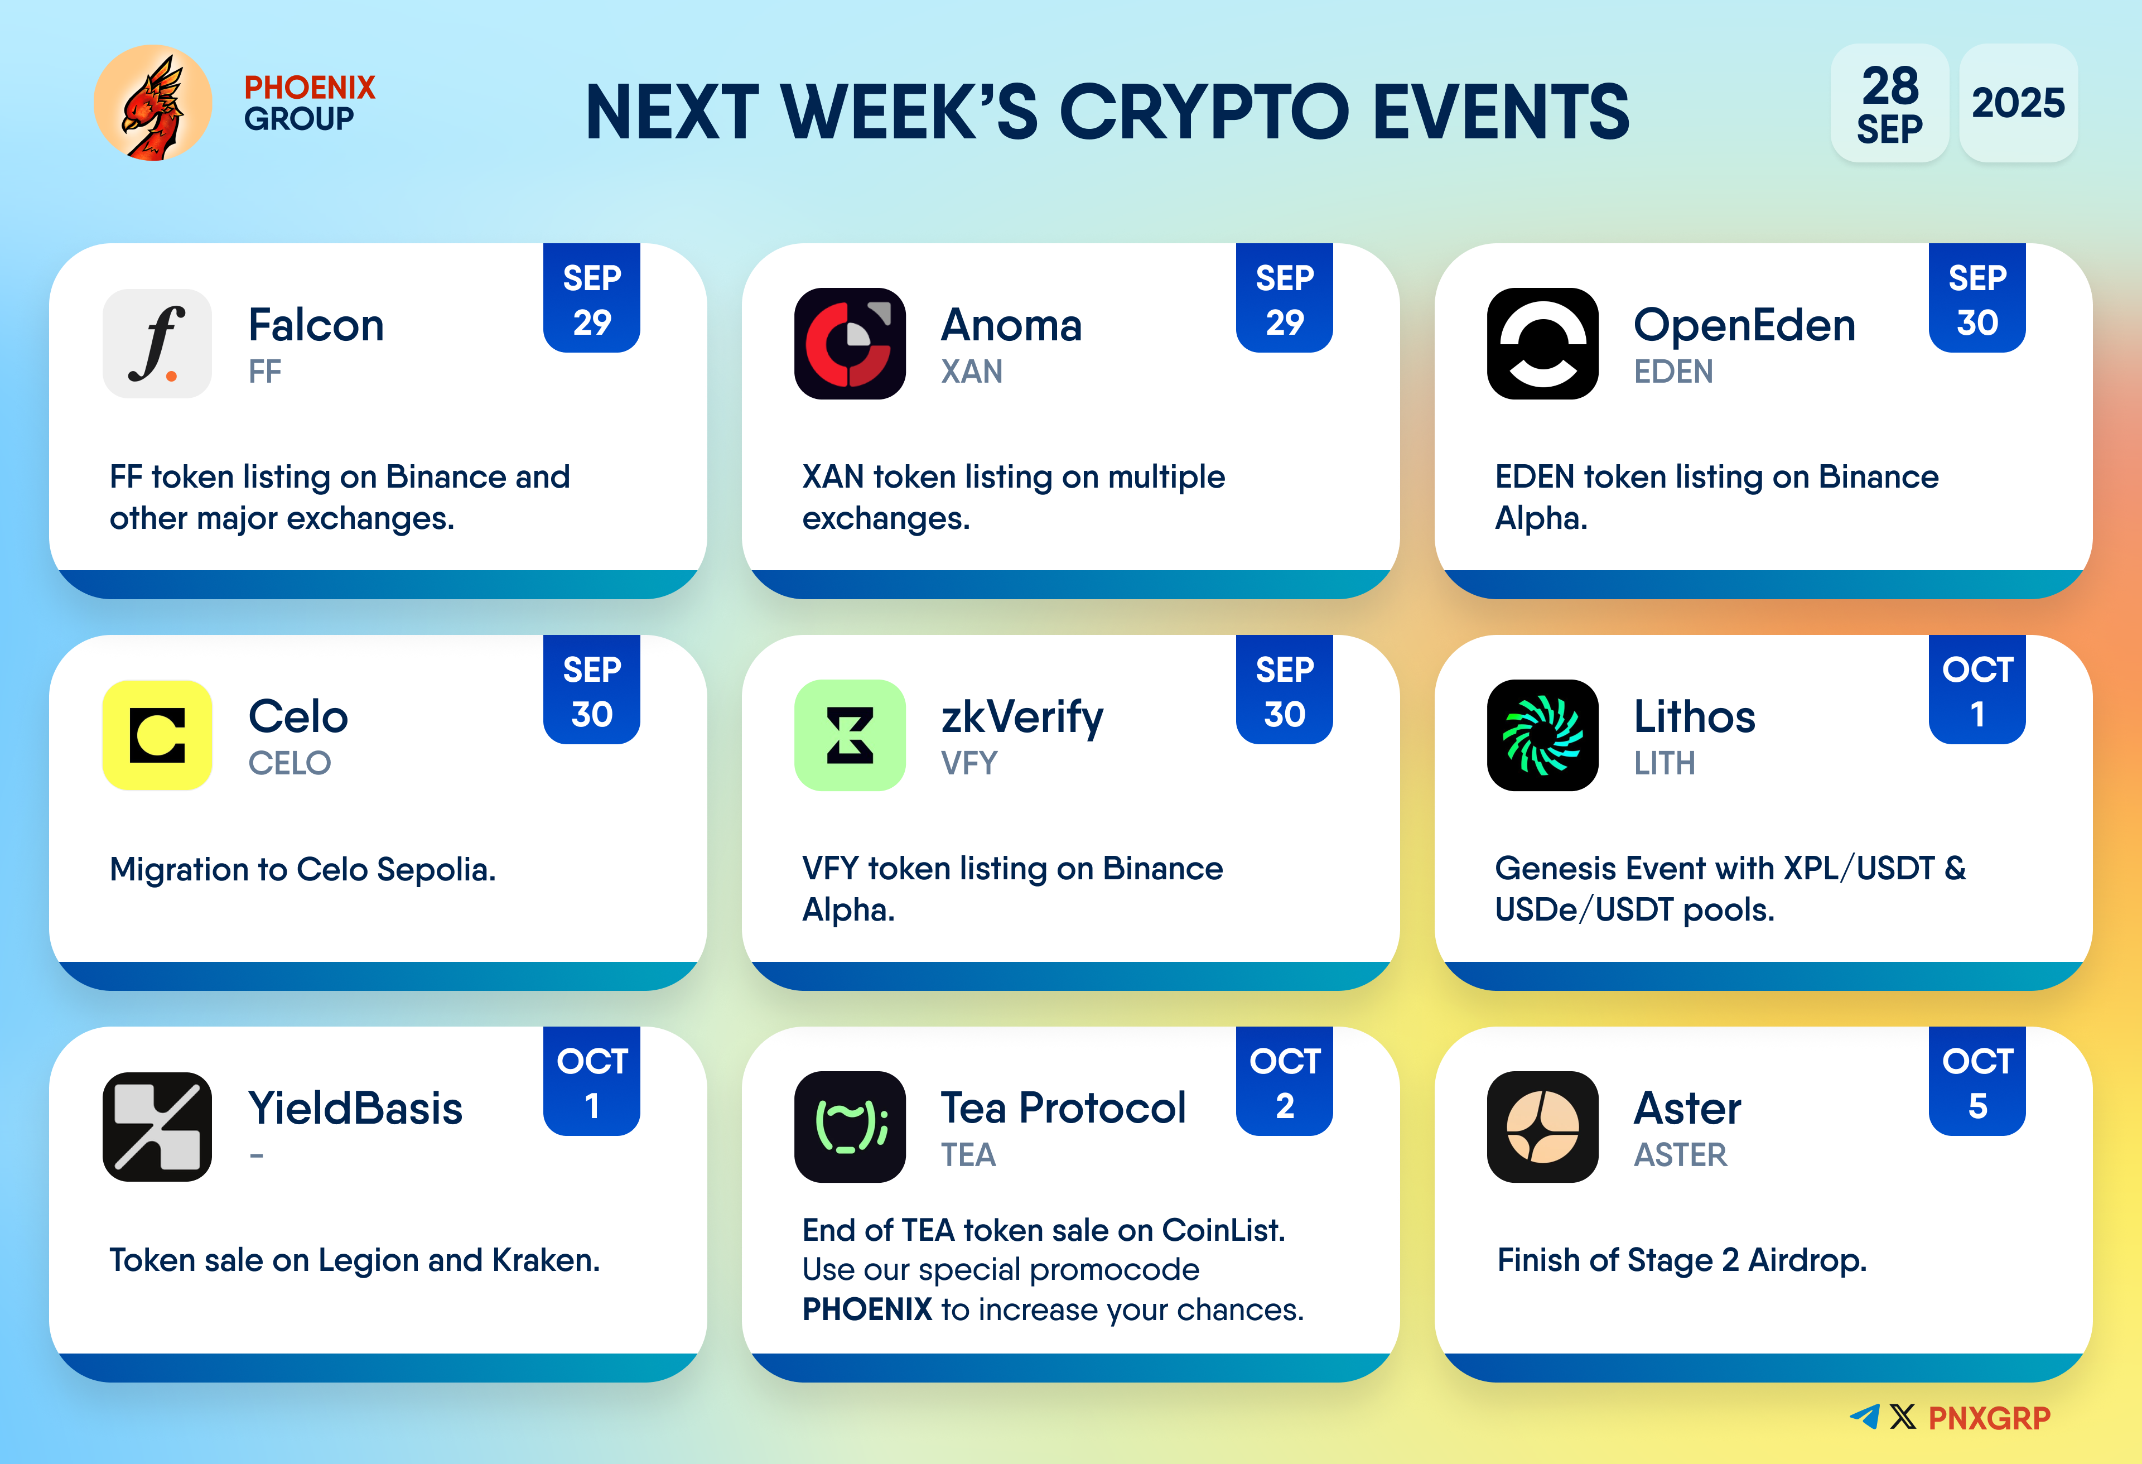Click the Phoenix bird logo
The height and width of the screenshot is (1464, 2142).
tap(153, 103)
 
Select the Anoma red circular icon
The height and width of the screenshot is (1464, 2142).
tap(850, 343)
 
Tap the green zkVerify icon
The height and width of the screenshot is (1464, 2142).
tap(850, 735)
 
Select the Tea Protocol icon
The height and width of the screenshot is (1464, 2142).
tap(850, 1126)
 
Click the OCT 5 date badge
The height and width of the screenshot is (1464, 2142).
tap(1977, 1081)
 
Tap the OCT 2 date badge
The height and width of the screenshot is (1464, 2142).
tap(1285, 1081)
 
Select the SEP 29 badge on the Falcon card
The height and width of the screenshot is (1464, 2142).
tap(592, 298)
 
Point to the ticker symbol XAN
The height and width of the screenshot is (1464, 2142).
tap(972, 372)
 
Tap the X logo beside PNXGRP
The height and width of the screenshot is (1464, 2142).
tap(1902, 1417)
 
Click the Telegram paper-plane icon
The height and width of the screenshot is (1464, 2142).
tap(1865, 1417)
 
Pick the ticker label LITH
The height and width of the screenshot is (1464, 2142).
tap(1665, 763)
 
